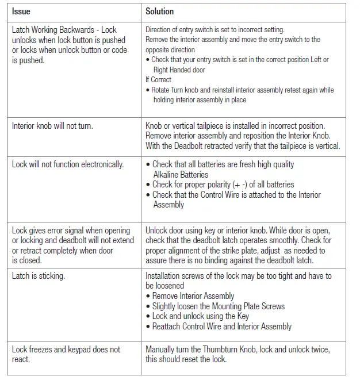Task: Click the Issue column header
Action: point(21,11)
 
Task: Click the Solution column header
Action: point(159,11)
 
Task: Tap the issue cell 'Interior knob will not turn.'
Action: point(52,126)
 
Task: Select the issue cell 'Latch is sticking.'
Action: point(38,276)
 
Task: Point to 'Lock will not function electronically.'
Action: point(68,164)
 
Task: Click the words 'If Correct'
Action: point(158,80)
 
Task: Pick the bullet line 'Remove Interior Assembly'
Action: point(193,296)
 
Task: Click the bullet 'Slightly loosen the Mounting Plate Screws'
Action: point(219,306)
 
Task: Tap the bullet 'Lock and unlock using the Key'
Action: point(201,316)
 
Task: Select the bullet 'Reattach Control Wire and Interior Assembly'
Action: point(222,327)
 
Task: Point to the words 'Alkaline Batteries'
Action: point(181,174)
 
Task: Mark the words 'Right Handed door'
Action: point(179,70)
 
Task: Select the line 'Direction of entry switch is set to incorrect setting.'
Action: point(215,29)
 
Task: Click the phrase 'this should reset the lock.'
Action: point(186,359)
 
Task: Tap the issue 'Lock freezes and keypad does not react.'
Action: point(66,354)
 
